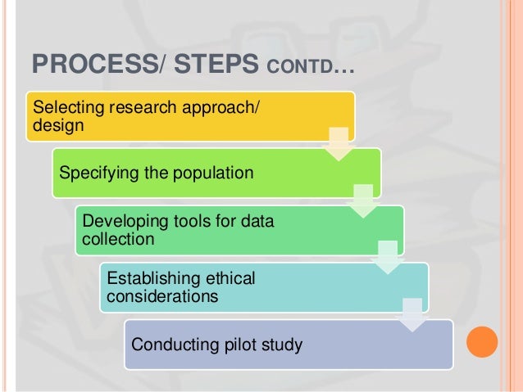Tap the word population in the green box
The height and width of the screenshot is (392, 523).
pos(213,173)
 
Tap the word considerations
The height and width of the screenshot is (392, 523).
pos(163,295)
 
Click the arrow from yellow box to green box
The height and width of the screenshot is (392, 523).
pos(337,144)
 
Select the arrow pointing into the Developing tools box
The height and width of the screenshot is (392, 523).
pos(361,201)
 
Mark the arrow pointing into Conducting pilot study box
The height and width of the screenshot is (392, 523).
pos(409,313)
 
